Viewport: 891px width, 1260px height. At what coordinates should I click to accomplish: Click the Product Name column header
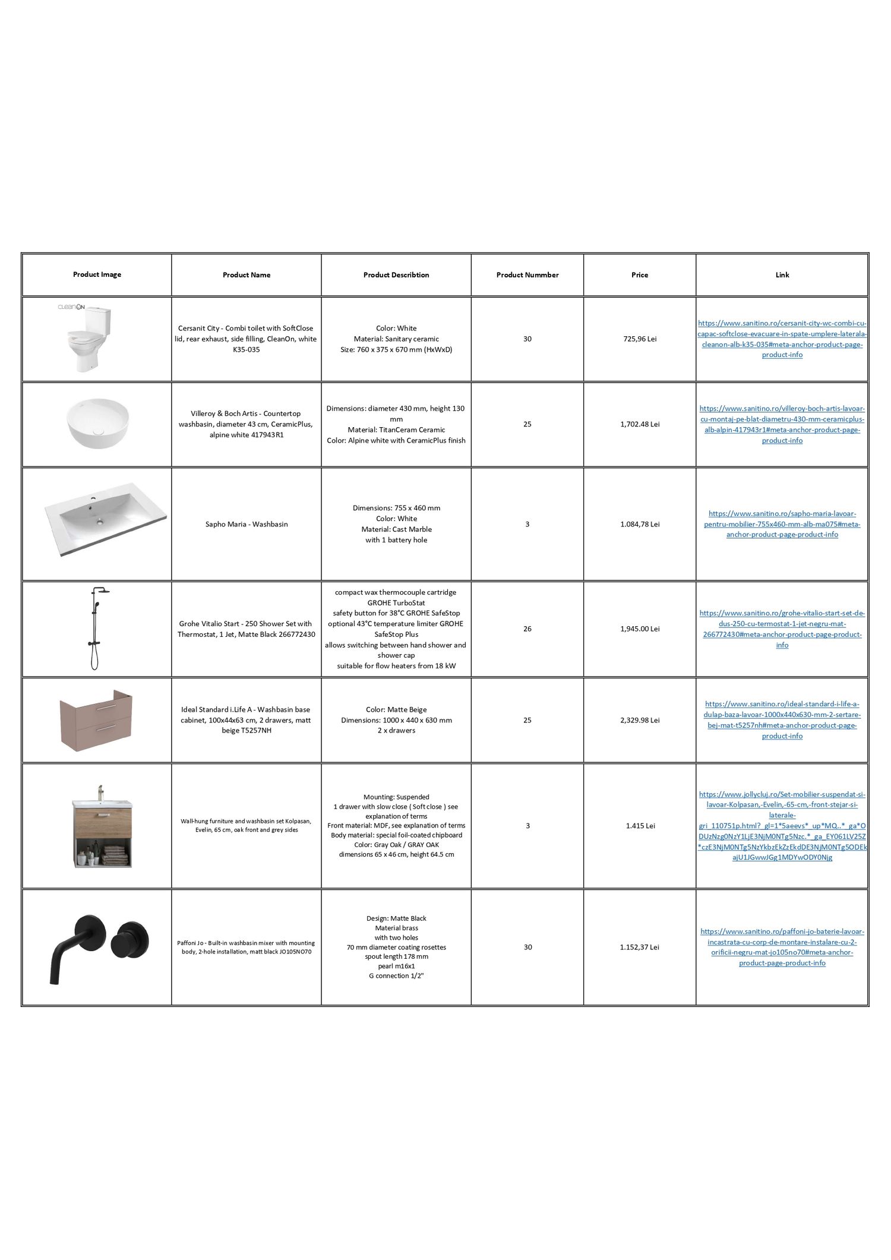[x=247, y=275]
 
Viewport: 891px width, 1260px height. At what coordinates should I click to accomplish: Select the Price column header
[x=640, y=275]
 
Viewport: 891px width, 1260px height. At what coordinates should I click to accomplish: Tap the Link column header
[x=782, y=275]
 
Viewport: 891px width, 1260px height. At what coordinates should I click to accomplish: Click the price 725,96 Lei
[x=640, y=339]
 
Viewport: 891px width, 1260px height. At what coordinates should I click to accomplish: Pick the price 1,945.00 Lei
[x=640, y=629]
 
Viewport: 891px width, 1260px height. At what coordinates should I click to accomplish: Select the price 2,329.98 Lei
[x=640, y=720]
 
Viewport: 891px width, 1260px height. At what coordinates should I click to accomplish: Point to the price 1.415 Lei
[x=640, y=826]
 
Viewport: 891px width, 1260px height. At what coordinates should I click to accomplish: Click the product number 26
[x=527, y=629]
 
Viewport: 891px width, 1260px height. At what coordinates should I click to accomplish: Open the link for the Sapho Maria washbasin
[x=782, y=524]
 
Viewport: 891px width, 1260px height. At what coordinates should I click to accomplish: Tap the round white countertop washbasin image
[x=97, y=423]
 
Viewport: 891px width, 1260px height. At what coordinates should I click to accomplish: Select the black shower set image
[x=95, y=629]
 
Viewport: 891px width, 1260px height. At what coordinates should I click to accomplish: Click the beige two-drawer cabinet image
[x=96, y=720]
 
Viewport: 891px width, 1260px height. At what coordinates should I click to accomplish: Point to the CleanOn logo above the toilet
[x=71, y=307]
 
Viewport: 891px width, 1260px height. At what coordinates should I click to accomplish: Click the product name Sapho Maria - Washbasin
[x=247, y=524]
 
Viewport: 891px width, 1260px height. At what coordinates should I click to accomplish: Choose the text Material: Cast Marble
[x=396, y=529]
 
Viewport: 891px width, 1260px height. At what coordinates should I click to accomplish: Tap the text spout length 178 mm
[x=396, y=956]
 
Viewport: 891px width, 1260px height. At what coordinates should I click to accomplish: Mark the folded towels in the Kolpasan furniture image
[x=115, y=855]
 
